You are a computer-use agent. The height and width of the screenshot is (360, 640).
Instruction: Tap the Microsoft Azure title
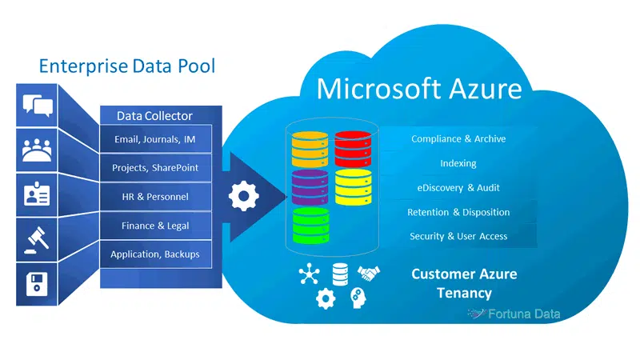419,88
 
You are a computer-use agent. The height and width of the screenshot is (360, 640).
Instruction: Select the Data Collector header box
156,116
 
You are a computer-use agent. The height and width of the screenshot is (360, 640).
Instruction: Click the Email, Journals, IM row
156,140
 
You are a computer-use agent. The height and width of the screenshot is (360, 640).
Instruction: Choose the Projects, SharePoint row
156,169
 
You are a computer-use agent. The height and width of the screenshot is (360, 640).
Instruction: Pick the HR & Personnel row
156,197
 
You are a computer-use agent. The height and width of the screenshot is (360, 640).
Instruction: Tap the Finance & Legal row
156,226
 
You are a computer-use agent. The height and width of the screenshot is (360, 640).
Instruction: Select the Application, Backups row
156,254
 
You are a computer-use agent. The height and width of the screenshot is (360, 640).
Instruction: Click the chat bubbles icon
38,104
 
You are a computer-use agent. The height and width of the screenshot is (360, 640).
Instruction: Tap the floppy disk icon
38,283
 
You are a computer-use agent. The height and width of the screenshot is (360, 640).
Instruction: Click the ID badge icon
38,194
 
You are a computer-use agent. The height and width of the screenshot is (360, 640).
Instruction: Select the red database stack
353,147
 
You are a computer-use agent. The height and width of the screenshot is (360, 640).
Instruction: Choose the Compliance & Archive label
458,139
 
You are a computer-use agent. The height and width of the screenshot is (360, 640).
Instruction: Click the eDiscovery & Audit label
458,187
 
